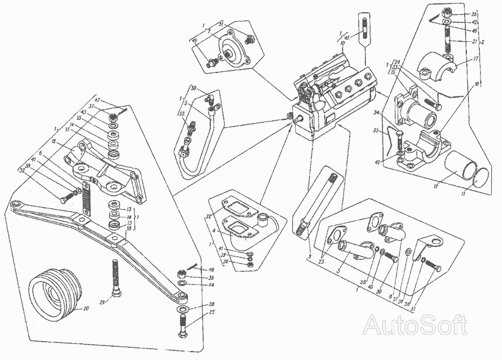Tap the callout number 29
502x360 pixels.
tap(102, 301)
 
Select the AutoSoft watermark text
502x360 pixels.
tap(415, 324)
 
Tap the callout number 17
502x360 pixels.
tap(476, 57)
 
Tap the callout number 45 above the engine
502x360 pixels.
tap(347, 37)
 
